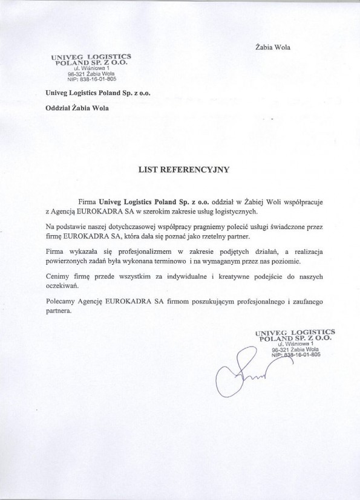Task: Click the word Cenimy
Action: tap(57, 276)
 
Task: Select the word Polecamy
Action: tap(62, 301)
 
